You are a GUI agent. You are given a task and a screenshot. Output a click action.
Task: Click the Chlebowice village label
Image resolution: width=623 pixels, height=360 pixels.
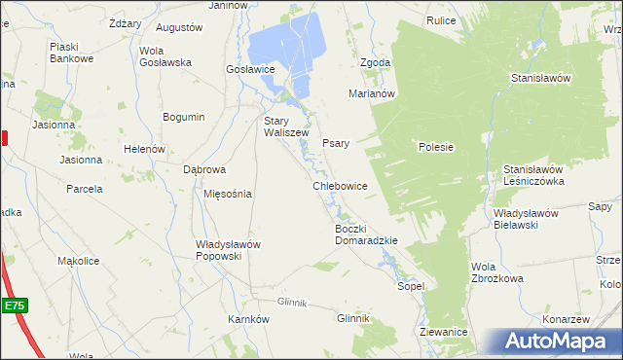coord(340,185)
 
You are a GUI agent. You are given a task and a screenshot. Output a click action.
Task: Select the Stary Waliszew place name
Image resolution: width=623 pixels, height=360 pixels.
coord(286,127)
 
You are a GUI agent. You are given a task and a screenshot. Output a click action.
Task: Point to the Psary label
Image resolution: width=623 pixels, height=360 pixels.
coord(335,141)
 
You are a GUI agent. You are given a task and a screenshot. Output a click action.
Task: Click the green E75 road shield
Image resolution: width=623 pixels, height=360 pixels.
coord(14,306)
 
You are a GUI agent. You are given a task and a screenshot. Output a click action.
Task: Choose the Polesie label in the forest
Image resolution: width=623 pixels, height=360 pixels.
coord(436,147)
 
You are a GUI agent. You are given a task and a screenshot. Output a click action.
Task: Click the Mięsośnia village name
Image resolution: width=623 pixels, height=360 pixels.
coord(227,193)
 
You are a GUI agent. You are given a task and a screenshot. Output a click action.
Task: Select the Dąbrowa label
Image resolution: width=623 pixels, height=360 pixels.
coord(204,168)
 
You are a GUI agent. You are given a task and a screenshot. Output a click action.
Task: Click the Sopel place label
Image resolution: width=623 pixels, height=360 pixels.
coord(410,287)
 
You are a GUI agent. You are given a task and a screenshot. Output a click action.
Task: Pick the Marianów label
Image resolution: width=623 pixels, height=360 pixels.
coord(371,94)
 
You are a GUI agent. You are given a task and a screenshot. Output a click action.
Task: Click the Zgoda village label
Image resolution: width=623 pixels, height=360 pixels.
coord(375,62)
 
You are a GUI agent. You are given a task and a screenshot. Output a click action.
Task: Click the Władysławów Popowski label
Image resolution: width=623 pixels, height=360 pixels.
coord(228,250)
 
